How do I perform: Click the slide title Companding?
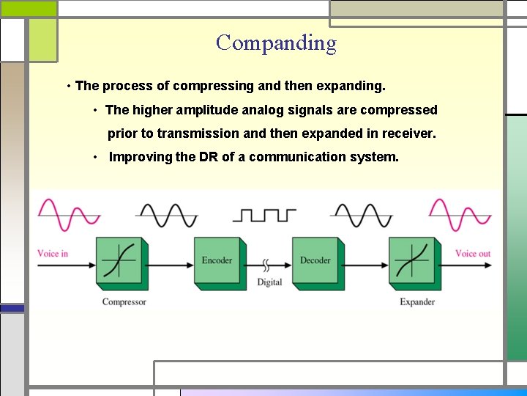tap(276, 43)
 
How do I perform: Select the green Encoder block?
tap(217, 260)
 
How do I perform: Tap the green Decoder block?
tap(315, 260)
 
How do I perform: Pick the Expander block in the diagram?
tap(414, 260)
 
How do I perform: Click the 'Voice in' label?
tap(53, 254)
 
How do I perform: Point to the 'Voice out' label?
tap(473, 254)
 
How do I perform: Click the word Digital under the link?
tap(269, 282)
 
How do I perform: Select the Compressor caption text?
tap(124, 302)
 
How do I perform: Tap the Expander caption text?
tap(417, 302)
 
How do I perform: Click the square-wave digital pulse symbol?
tap(265, 215)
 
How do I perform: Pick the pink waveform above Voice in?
tap(69, 215)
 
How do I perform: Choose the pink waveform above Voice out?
tap(460, 215)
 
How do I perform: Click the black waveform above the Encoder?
tap(167, 215)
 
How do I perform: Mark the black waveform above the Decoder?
tap(362, 215)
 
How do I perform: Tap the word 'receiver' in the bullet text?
tap(405, 133)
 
